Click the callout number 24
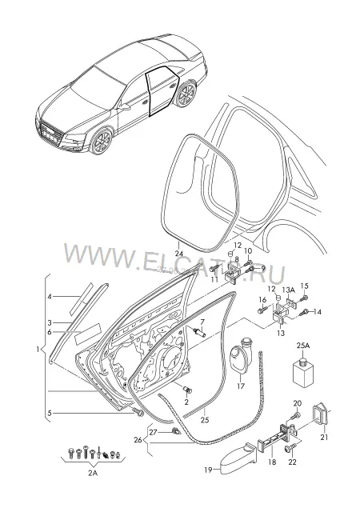point(179,254)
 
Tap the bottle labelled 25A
point(303,372)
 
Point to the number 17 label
point(241,386)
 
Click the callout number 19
point(208,470)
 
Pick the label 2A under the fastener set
point(93,473)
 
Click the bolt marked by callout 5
point(139,413)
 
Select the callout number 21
point(324,437)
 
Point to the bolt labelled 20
point(296,415)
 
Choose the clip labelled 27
point(176,431)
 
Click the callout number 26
point(138,440)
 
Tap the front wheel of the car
point(102,142)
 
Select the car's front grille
point(50,132)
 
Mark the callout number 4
point(50,296)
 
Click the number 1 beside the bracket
point(38,350)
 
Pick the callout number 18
point(273,462)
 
